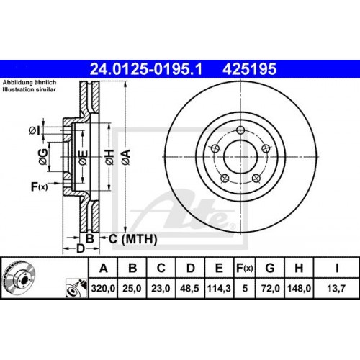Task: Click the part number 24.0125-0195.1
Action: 146,69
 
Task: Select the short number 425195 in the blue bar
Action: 250,69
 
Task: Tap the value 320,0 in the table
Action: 103,288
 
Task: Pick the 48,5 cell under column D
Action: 189,288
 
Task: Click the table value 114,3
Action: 219,288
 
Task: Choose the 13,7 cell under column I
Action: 336,288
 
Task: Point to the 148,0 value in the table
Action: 299,288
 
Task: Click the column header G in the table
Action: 270,268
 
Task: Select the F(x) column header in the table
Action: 245,268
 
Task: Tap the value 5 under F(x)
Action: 245,288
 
